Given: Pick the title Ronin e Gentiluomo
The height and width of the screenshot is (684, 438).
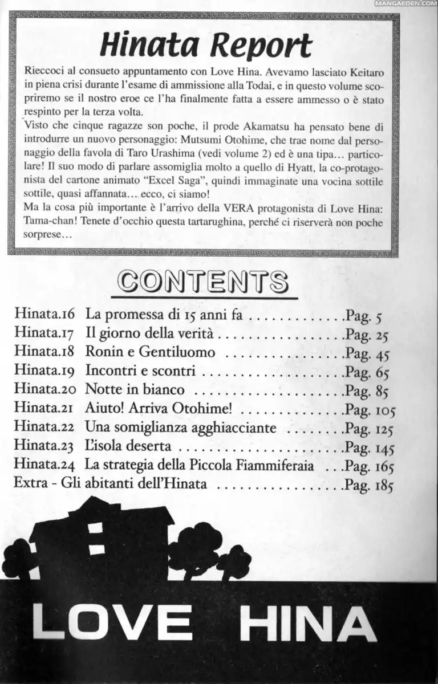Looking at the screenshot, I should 150,352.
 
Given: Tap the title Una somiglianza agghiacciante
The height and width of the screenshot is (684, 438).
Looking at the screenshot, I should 181,428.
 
